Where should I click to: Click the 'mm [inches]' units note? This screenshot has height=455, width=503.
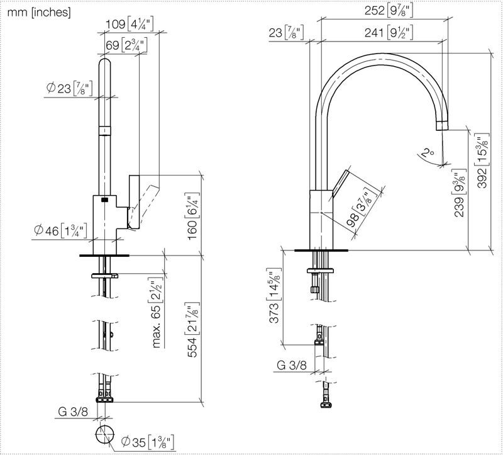(x=39, y=13)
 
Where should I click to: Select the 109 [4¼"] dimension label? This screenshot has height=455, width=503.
(x=130, y=24)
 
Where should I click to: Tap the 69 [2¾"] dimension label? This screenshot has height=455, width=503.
(x=126, y=45)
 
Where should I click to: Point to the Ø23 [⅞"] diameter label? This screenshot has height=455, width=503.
(x=69, y=88)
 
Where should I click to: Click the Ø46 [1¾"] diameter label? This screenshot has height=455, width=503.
(x=60, y=230)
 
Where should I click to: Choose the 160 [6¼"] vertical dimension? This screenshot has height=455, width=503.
(x=193, y=216)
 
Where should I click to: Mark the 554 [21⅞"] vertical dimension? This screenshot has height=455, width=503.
(x=193, y=330)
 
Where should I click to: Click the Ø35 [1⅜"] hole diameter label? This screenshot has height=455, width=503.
(x=148, y=442)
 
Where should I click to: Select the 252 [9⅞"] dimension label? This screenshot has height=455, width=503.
(x=389, y=11)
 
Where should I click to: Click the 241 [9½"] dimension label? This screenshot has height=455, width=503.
(x=389, y=33)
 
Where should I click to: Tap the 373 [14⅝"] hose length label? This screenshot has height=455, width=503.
(x=275, y=295)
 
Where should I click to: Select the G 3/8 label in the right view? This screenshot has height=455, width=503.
(x=291, y=365)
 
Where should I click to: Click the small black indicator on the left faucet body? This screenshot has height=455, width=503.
(x=104, y=199)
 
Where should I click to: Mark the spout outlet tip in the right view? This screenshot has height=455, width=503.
(x=442, y=129)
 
